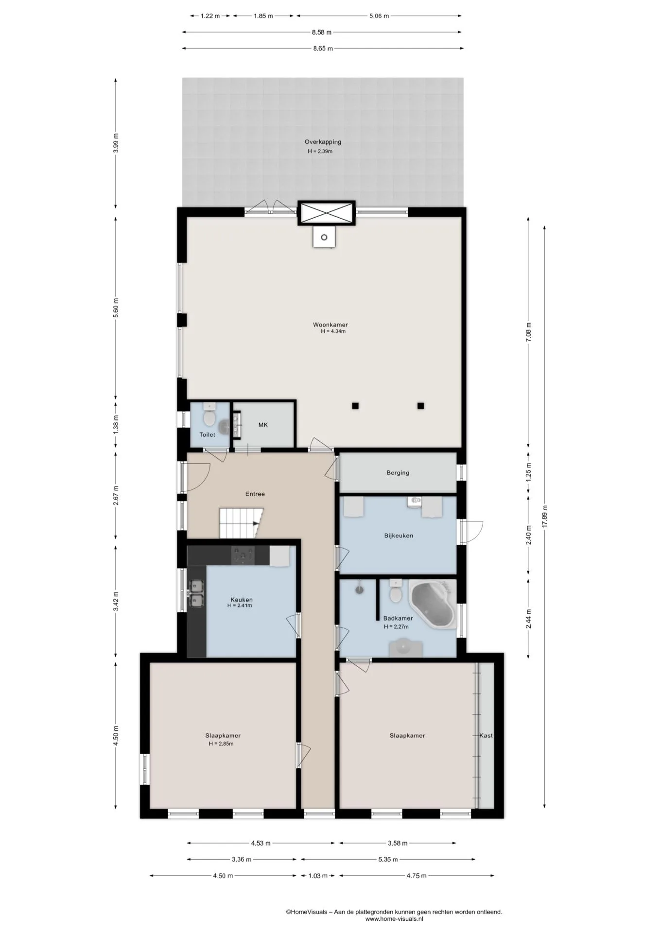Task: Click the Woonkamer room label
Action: [330, 325]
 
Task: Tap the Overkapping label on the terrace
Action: [323, 142]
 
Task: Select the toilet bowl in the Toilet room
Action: [209, 417]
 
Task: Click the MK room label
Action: [263, 425]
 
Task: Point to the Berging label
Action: [398, 472]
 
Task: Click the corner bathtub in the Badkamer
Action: [432, 605]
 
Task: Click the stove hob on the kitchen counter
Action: [243, 555]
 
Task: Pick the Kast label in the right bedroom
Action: [486, 735]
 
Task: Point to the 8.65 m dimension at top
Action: [323, 48]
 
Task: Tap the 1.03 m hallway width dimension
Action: [318, 876]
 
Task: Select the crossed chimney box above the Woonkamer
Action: [327, 213]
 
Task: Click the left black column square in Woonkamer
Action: [356, 406]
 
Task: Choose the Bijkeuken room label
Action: [398, 536]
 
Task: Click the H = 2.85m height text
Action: [221, 743]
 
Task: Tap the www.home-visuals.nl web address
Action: [394, 919]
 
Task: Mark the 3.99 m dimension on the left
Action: [116, 143]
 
